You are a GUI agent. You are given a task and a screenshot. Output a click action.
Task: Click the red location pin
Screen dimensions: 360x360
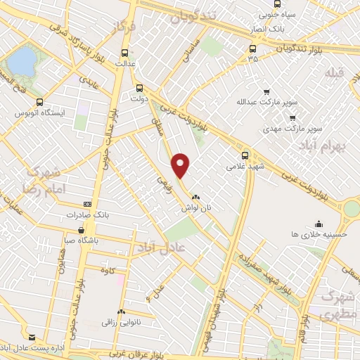pyautogui.click(x=181, y=164)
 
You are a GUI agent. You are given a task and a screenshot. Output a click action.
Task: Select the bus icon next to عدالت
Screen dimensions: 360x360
pyautogui.click(x=125, y=53)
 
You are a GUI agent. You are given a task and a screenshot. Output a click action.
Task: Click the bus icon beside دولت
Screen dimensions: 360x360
pyautogui.click(x=139, y=89)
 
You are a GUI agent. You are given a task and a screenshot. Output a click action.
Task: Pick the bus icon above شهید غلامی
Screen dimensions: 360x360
pyautogui.click(x=245, y=155)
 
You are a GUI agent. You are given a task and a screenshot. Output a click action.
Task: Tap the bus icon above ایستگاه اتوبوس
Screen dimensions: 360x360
pyautogui.click(x=40, y=101)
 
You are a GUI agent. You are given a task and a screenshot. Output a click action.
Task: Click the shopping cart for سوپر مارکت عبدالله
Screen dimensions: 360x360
pyautogui.click(x=267, y=91)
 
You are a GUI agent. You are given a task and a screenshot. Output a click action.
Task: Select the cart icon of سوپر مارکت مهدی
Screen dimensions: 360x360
pyautogui.click(x=292, y=117)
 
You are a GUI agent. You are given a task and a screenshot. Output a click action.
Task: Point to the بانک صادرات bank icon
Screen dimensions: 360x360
pyautogui.click(x=87, y=203)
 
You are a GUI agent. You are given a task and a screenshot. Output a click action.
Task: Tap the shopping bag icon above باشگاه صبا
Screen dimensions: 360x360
pyautogui.click(x=82, y=229)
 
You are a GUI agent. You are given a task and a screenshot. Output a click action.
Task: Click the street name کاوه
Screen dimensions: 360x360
pyautogui.click(x=108, y=270)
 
